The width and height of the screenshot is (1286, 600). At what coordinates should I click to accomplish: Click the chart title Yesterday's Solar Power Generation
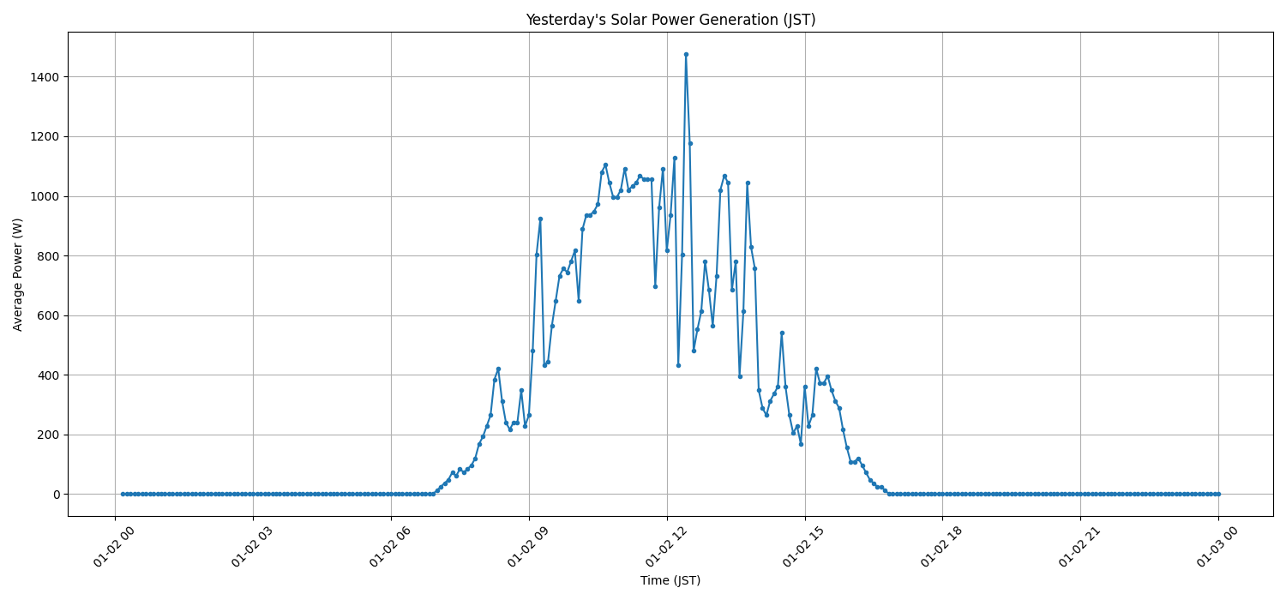(670, 20)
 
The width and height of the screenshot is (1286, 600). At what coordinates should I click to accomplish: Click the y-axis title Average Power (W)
(18, 274)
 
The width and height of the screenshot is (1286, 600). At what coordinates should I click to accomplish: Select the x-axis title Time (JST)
(670, 580)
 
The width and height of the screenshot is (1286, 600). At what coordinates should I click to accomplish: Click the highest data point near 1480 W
(686, 54)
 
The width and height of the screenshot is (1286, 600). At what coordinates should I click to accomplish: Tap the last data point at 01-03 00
(1218, 494)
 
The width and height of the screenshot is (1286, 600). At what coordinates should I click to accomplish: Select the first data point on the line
(123, 494)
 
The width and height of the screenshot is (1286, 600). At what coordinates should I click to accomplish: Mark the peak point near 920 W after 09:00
(540, 219)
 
